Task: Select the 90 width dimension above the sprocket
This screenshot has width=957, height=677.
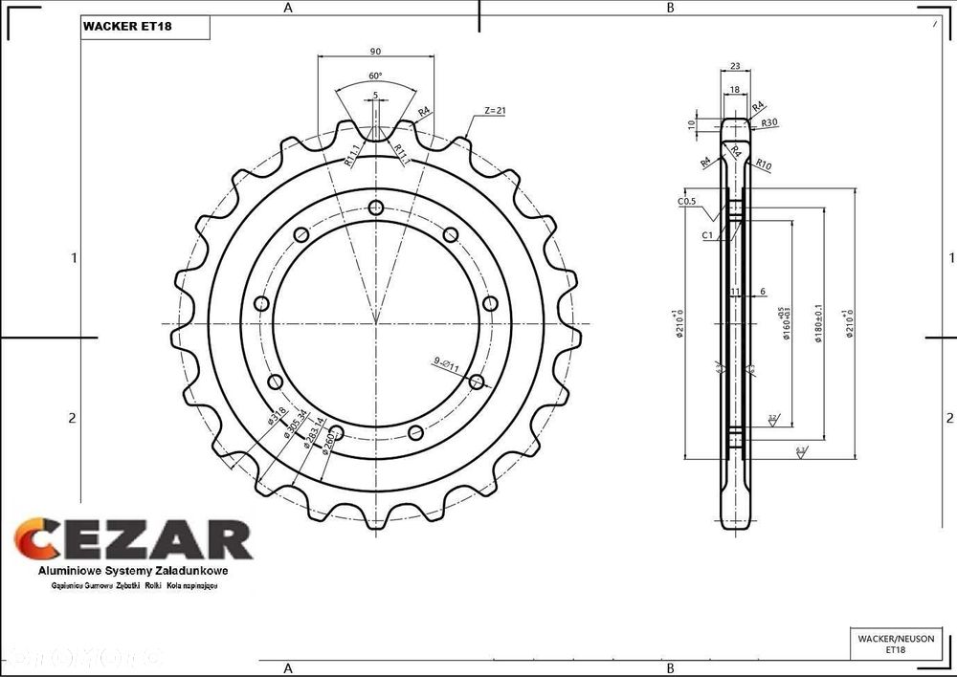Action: pyautogui.click(x=375, y=51)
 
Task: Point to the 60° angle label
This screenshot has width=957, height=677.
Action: pyautogui.click(x=375, y=76)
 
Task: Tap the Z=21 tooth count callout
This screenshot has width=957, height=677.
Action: pyautogui.click(x=495, y=111)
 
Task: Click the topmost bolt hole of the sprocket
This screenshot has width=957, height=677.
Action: pyautogui.click(x=376, y=207)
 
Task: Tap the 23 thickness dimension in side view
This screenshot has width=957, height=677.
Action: pyautogui.click(x=735, y=66)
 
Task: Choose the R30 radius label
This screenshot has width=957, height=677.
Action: pyautogui.click(x=768, y=123)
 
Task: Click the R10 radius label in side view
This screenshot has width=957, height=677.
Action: pyautogui.click(x=764, y=164)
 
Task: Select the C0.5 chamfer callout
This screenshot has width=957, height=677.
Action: pyautogui.click(x=686, y=202)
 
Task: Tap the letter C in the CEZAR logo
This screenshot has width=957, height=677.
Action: pyautogui.click(x=36, y=539)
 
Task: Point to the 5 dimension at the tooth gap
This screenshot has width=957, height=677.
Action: pyautogui.click(x=375, y=95)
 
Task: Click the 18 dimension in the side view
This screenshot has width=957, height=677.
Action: pyautogui.click(x=735, y=88)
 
